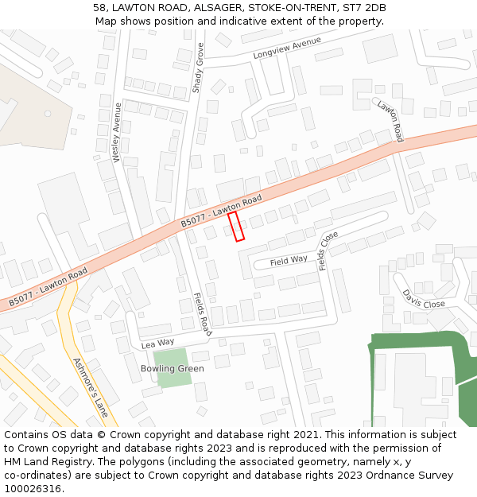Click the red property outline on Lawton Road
(236, 226)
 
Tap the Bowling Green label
(172, 369)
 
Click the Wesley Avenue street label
(118, 132)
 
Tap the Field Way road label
(289, 261)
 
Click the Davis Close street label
(423, 299)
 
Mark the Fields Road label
(203, 313)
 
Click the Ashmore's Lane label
(90, 387)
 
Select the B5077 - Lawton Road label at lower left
(48, 288)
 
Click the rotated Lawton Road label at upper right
(390, 122)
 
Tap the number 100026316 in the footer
(33, 488)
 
